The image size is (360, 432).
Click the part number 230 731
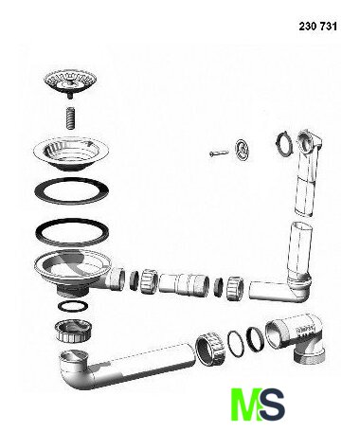(317, 27)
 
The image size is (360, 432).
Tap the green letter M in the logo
(246, 405)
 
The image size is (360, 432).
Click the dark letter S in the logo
(273, 405)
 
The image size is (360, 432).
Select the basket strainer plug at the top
(70, 84)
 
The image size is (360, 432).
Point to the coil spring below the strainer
(72, 117)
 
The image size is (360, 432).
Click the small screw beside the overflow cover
(219, 153)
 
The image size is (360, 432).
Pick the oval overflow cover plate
(242, 150)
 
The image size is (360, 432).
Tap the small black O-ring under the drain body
(73, 306)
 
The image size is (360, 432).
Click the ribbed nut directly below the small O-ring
(74, 331)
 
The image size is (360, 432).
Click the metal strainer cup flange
(72, 153)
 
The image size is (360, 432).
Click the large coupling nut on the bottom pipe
(210, 348)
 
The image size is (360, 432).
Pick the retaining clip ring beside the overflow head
(284, 144)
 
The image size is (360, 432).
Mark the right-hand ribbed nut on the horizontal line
(235, 287)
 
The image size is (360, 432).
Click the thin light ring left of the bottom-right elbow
(236, 344)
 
